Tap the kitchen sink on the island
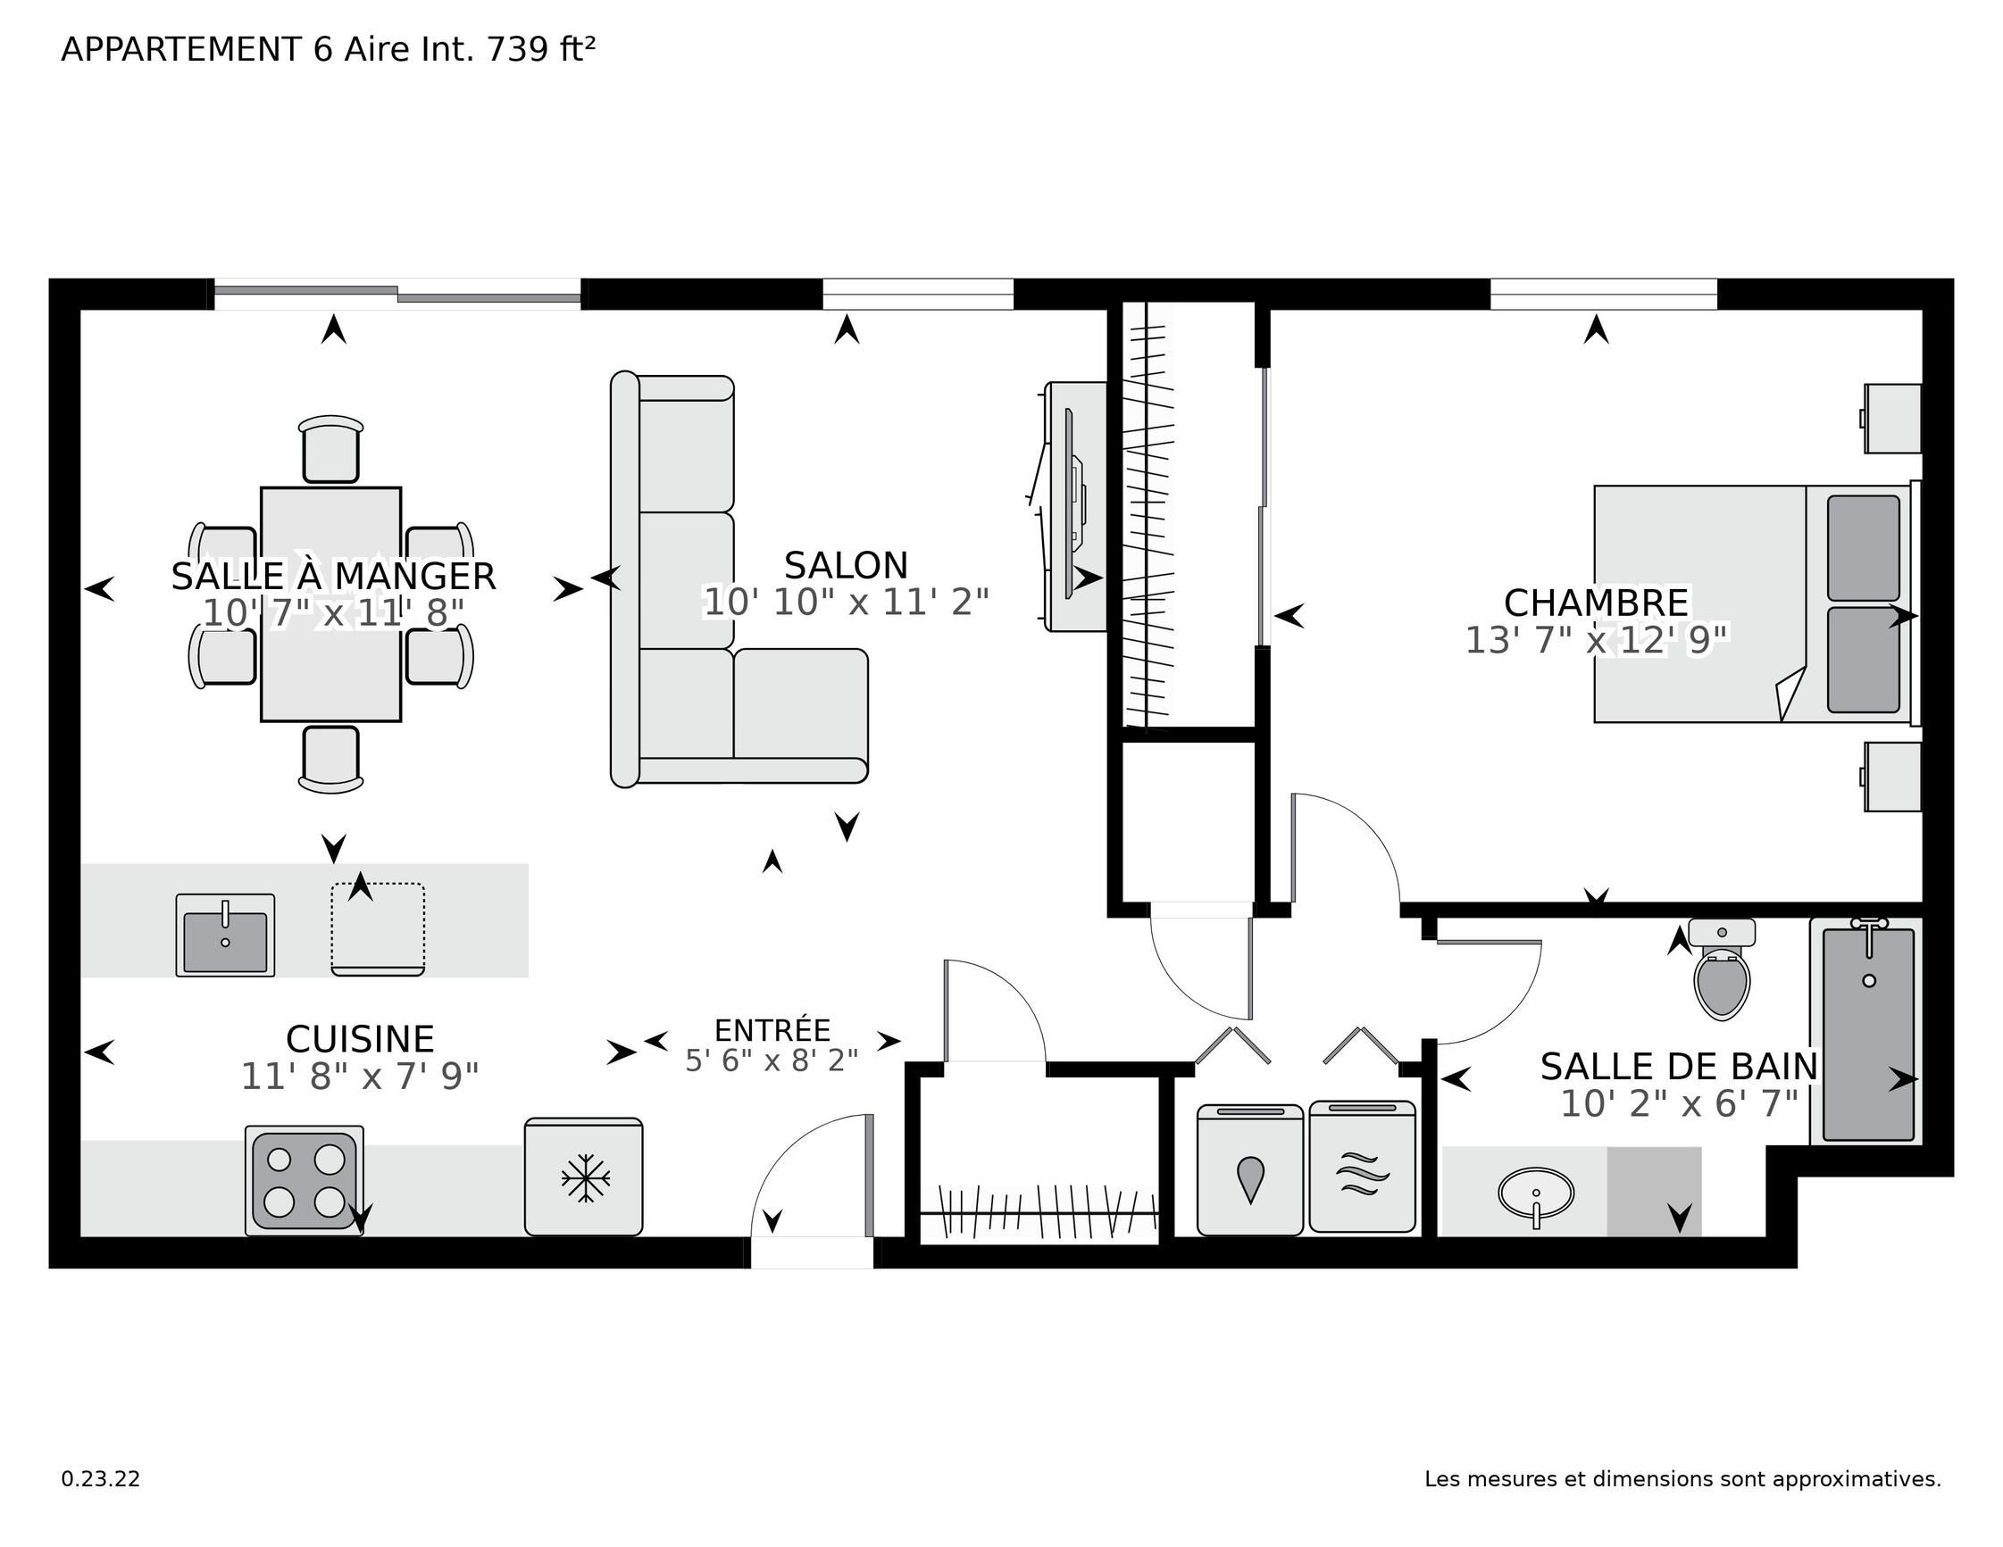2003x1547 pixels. [225, 935]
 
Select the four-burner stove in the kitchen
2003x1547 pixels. [305, 1180]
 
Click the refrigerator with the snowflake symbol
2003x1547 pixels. [583, 1177]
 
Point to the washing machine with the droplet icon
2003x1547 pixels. [1250, 1170]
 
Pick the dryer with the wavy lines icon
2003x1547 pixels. [1362, 1167]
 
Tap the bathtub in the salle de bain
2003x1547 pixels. [1868, 1032]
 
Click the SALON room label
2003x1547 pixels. [846, 565]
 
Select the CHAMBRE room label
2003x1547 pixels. [1596, 603]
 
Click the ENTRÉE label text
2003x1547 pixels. [772, 1030]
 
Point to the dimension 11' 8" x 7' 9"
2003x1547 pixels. [360, 1076]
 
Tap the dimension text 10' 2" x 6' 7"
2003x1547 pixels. [1679, 1103]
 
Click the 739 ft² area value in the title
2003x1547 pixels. [541, 48]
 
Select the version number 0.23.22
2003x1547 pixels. [101, 1479]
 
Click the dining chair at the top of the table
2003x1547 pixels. [331, 448]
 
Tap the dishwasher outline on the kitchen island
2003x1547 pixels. [378, 929]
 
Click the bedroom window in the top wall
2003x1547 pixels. [1603, 295]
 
